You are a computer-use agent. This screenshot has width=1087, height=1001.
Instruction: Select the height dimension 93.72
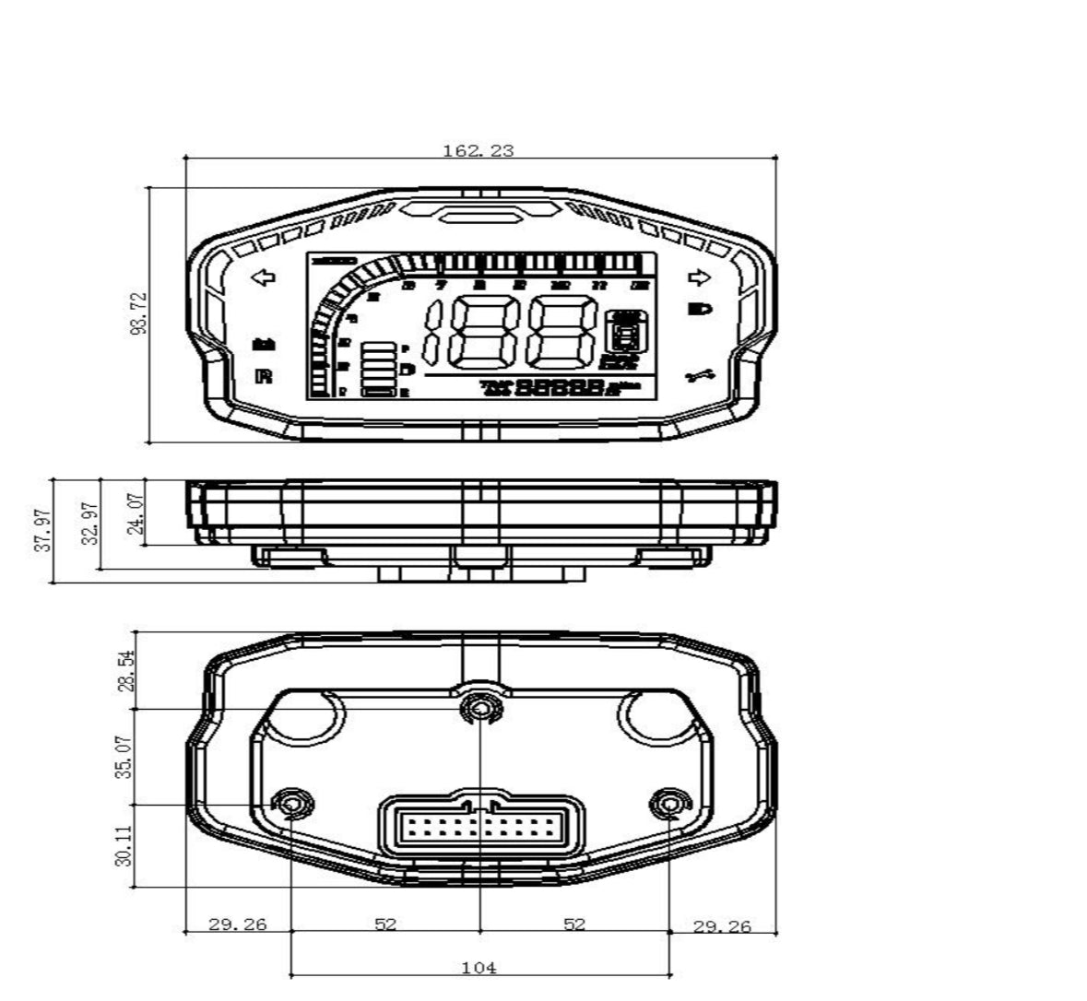point(138,313)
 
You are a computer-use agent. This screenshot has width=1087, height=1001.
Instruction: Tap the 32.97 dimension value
point(89,523)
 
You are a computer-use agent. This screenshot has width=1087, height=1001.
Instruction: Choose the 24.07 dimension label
point(136,512)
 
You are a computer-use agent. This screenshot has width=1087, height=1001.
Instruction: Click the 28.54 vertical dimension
point(126,669)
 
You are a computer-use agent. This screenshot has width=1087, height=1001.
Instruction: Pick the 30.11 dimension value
point(126,845)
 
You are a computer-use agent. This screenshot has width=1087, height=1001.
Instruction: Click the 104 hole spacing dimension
point(479,968)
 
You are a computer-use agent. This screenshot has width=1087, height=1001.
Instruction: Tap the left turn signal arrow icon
point(264,277)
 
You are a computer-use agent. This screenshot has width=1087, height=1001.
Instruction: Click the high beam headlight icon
point(701,309)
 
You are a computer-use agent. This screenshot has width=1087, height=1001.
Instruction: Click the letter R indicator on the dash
point(264,376)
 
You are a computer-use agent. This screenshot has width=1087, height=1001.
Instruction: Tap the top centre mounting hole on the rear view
point(479,708)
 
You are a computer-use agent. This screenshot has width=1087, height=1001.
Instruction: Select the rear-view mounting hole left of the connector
point(292,804)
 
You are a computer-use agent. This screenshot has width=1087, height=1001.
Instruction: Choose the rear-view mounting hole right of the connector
point(667,804)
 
